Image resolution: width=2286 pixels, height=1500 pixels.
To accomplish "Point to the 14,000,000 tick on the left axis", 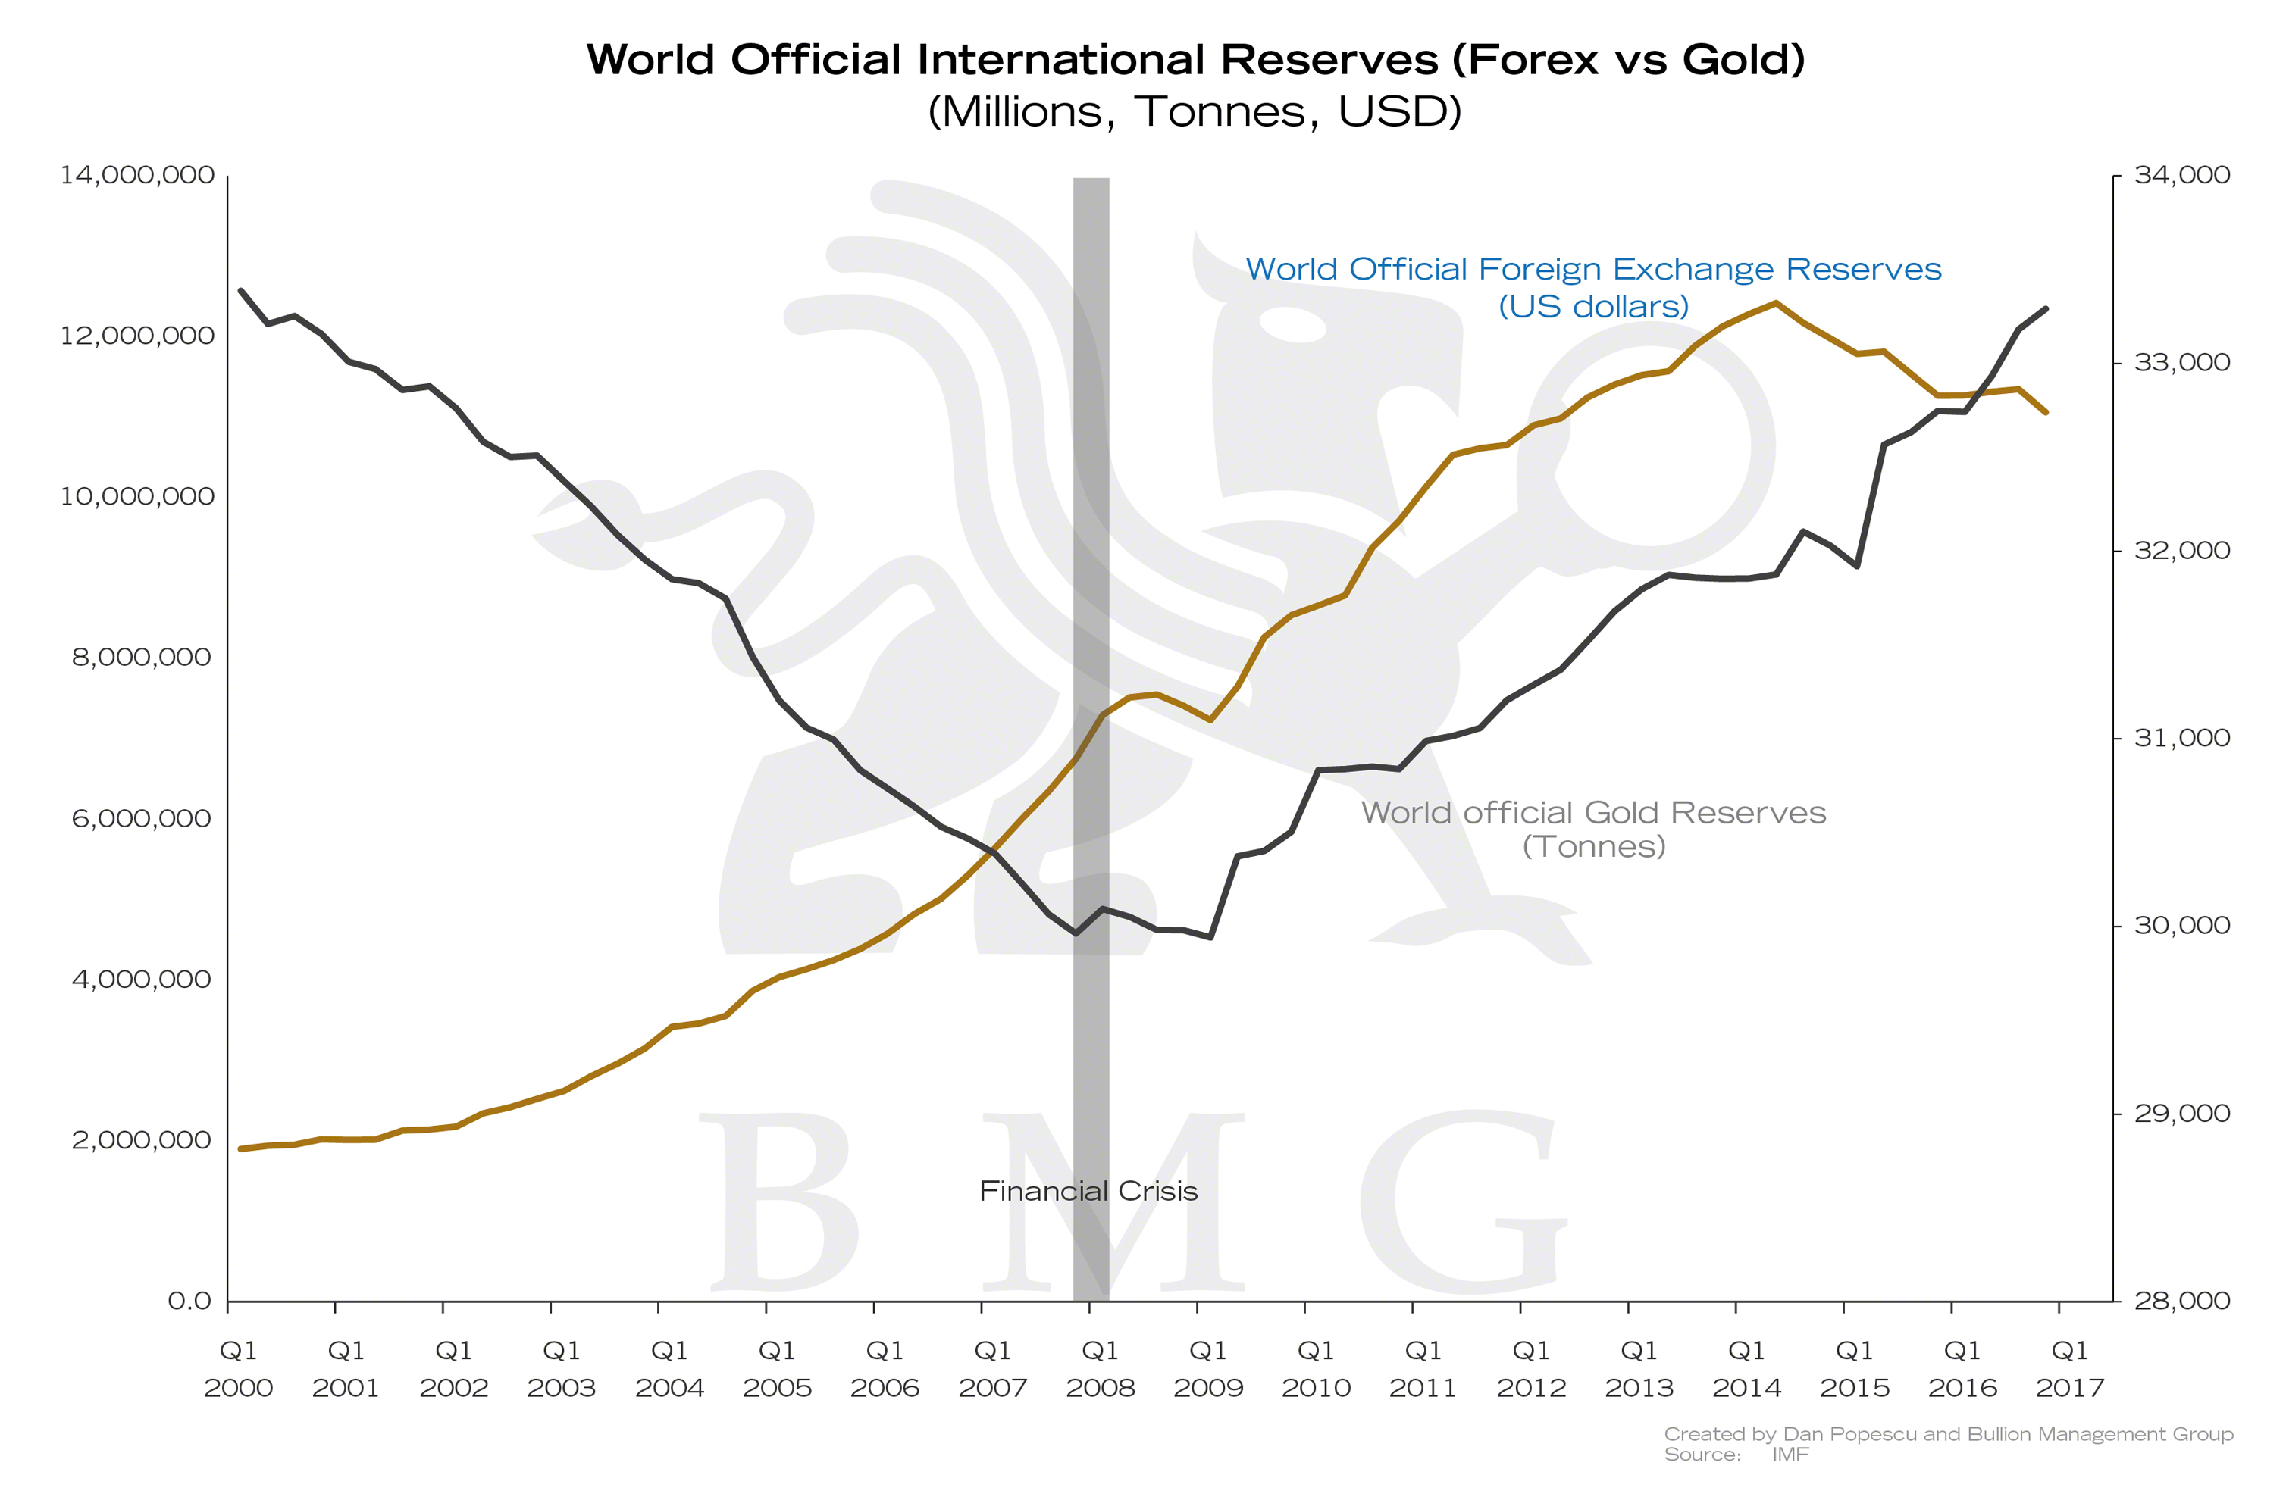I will (x=137, y=175).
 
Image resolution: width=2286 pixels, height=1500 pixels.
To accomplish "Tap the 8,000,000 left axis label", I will (x=141, y=657).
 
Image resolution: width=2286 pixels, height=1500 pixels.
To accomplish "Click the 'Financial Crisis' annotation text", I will (x=1088, y=1191).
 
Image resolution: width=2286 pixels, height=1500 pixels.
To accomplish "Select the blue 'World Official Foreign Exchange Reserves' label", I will (x=1593, y=269).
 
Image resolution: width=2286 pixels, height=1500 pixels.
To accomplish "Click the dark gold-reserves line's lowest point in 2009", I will (x=1211, y=936).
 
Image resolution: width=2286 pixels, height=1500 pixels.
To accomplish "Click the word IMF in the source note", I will (x=1790, y=1454).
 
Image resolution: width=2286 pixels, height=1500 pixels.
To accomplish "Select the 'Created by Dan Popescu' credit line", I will (x=1949, y=1434).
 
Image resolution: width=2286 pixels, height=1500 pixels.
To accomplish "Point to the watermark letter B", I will (x=778, y=1201).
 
